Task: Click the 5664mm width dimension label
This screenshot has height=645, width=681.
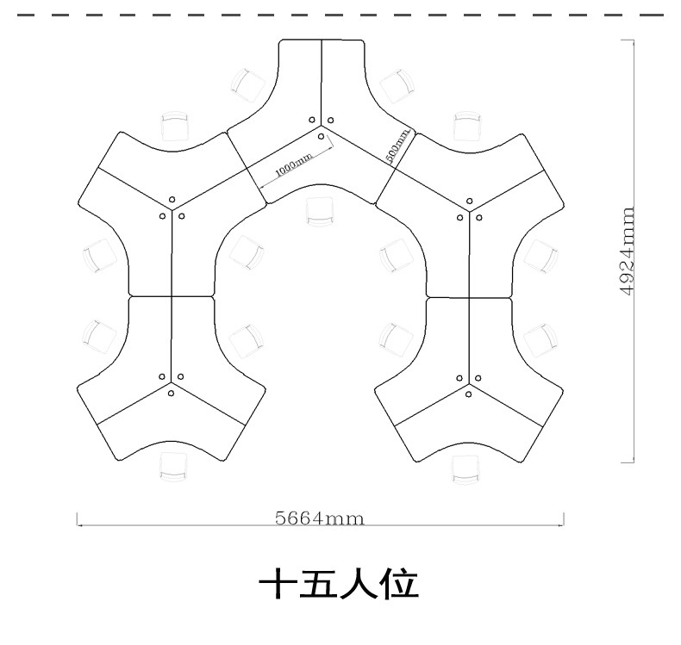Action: [320, 518]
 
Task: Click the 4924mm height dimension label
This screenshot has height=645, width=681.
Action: [628, 251]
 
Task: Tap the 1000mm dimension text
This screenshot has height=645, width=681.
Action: [294, 164]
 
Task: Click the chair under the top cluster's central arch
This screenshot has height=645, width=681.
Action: [320, 211]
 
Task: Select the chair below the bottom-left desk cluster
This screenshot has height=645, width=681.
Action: [174, 467]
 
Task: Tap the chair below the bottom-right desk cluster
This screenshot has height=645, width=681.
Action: [466, 469]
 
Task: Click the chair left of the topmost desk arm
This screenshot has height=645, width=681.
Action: [248, 85]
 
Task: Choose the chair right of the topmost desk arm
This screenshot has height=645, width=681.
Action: [397, 86]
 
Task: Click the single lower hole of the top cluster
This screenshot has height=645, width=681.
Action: [321, 137]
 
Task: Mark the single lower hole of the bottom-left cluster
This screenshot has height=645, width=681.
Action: [172, 393]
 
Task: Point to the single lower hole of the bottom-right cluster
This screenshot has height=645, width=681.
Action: [468, 394]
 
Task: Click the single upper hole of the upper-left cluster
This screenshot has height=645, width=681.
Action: [172, 200]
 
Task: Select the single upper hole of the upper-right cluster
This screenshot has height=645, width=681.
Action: [470, 201]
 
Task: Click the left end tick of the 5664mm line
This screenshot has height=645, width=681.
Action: [78, 519]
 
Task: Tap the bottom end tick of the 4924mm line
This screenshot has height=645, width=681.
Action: [628, 462]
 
